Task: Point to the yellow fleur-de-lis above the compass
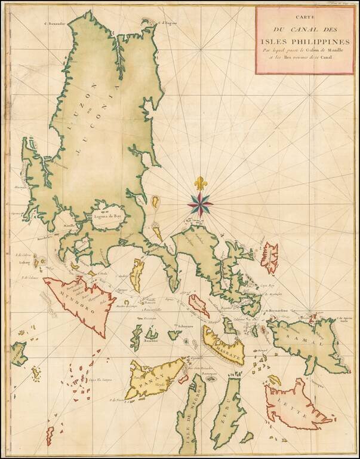point(199,183)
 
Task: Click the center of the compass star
point(199,204)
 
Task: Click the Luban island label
point(25,261)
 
